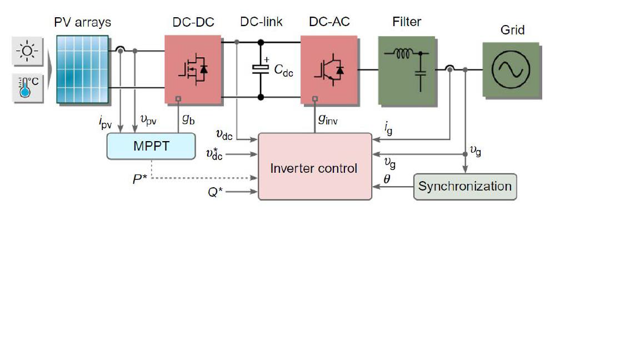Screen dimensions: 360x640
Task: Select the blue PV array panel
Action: click(x=82, y=69)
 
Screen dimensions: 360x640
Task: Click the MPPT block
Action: click(x=151, y=147)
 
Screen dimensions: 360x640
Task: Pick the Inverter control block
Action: click(x=314, y=167)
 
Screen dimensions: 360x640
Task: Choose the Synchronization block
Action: click(x=464, y=186)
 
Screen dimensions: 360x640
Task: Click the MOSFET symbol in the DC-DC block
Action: click(x=192, y=69)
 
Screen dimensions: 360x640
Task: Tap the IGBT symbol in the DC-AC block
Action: click(x=329, y=69)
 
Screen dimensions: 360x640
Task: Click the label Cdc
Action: click(x=283, y=70)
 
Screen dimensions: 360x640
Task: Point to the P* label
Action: click(x=139, y=178)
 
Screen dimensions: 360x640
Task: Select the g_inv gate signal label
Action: click(x=328, y=118)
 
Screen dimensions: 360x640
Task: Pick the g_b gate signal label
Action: click(x=188, y=118)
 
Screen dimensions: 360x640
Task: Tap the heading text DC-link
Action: click(x=261, y=22)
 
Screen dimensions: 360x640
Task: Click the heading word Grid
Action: click(x=512, y=30)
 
